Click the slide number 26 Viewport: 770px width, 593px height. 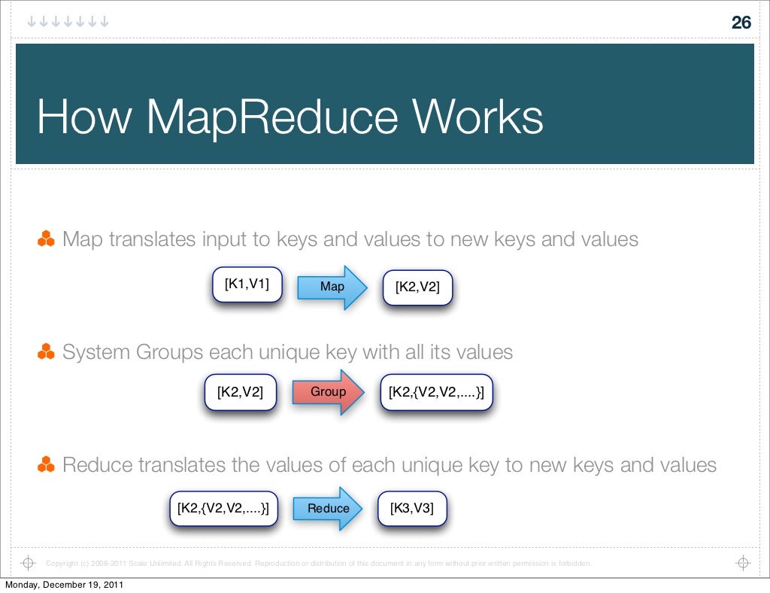click(741, 23)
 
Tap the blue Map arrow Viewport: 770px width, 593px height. click(332, 287)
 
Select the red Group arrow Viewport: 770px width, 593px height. click(328, 391)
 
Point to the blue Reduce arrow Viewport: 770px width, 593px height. click(329, 509)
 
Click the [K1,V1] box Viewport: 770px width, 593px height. click(247, 284)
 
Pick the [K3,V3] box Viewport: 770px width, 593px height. click(411, 508)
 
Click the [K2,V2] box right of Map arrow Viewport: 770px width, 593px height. click(417, 287)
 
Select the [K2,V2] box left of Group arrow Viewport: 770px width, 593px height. click(240, 391)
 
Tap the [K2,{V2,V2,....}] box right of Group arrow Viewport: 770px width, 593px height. click(436, 391)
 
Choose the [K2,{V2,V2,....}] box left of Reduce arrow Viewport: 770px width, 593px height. click(223, 508)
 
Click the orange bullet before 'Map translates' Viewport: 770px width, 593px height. click(46, 240)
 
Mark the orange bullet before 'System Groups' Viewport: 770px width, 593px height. click(46, 351)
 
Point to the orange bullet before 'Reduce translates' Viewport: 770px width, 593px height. click(46, 465)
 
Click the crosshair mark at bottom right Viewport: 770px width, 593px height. click(742, 563)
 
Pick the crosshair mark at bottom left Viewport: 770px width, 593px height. click(28, 563)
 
